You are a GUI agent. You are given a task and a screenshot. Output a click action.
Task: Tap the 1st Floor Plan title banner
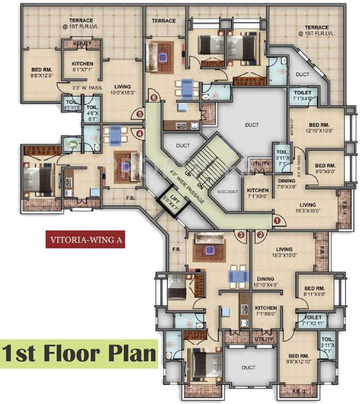[79, 353]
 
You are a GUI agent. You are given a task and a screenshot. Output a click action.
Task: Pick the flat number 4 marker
[139, 134]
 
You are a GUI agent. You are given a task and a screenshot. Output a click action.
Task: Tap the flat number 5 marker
[139, 113]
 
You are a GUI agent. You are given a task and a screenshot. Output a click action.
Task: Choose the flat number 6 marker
[154, 97]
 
